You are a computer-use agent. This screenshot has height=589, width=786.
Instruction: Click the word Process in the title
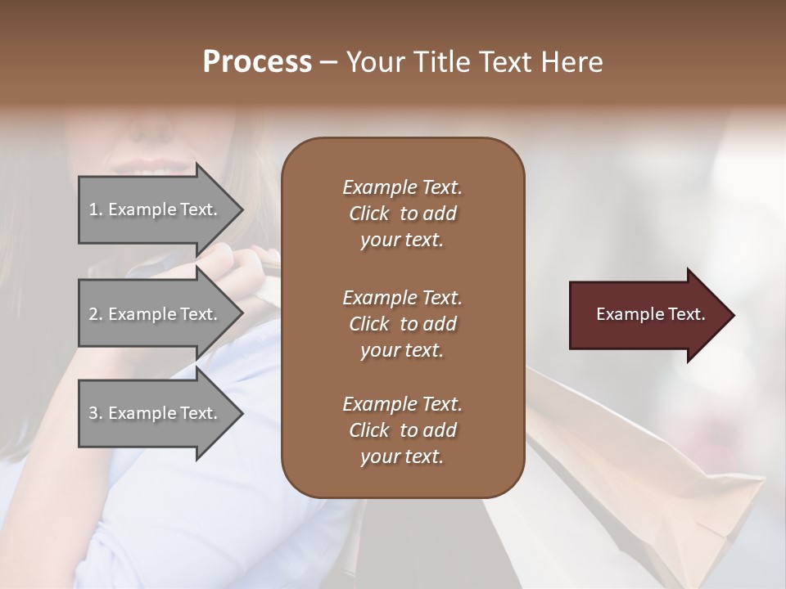tap(257, 62)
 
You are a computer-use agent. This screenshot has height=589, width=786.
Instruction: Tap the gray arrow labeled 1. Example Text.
tap(156, 209)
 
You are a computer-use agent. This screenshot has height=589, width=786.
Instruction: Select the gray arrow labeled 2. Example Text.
tap(156, 314)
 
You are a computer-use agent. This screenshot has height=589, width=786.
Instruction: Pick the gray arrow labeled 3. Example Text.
tap(156, 413)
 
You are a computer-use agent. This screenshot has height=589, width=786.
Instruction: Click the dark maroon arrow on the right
tap(647, 315)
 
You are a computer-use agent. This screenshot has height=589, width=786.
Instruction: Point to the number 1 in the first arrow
tap(93, 209)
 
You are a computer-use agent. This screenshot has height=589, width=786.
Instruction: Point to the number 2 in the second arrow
tap(93, 314)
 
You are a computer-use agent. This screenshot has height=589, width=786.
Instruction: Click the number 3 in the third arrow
tap(93, 413)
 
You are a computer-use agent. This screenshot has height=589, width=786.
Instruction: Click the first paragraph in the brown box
tap(402, 214)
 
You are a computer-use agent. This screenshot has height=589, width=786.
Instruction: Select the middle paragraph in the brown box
tap(402, 323)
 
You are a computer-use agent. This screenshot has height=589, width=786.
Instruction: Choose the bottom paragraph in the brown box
tap(402, 430)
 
